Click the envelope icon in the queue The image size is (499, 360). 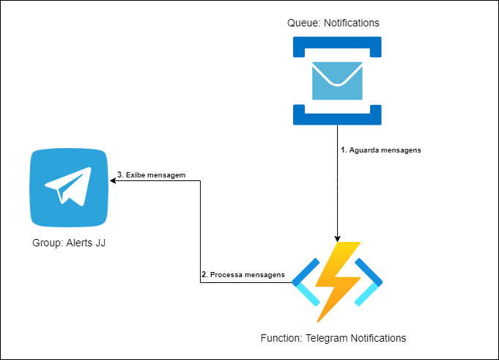(x=337, y=81)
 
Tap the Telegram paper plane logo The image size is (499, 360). (x=68, y=187)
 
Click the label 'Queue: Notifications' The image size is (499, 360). (x=333, y=23)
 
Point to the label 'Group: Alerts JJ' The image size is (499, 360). (x=69, y=242)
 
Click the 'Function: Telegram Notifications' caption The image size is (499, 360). (x=333, y=338)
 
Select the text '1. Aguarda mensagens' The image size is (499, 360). (x=381, y=150)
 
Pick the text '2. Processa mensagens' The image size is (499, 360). (x=243, y=274)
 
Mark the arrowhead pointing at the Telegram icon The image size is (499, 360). (x=114, y=180)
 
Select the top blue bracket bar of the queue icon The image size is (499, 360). (x=337, y=47)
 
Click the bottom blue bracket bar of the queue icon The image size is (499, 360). (x=337, y=116)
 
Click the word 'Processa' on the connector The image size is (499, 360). (x=228, y=274)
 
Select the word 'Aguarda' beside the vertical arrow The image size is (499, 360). (x=368, y=150)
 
